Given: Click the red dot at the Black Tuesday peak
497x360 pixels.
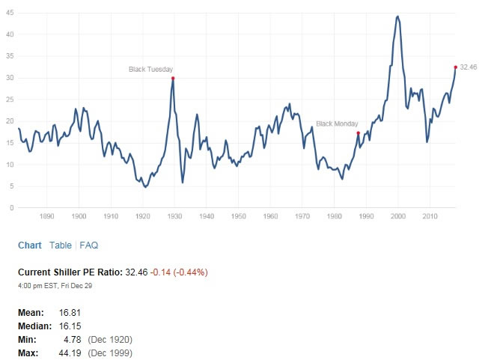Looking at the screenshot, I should pos(173,78).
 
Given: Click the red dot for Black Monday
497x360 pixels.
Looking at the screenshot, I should pos(359,133).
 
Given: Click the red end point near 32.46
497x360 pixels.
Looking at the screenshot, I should pos(455,67).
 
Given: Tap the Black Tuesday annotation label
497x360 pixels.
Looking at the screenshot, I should pos(151,70).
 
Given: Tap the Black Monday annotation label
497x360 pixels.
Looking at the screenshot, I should pos(337,123).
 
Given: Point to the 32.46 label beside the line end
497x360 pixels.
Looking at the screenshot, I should pos(469,67).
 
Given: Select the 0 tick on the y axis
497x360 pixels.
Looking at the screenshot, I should pos(10,208).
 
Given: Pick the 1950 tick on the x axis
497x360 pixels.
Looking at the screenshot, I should pos(239,217).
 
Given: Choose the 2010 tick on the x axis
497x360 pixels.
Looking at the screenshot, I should pos(430,217).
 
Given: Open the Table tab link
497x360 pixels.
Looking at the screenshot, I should pos(61,245).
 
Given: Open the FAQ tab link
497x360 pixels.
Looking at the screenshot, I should pos(89,245).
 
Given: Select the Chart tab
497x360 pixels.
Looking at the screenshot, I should pos(30,245).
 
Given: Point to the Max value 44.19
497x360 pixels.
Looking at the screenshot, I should pos(70,353).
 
